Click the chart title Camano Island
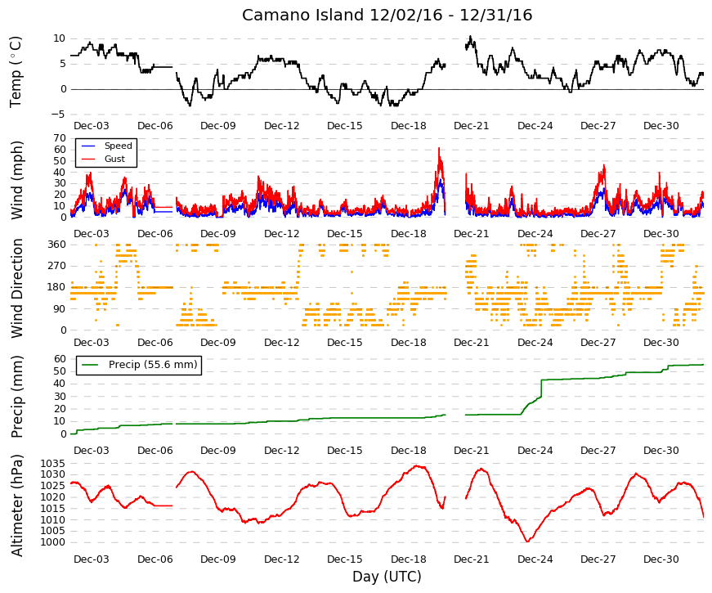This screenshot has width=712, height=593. click(x=303, y=15)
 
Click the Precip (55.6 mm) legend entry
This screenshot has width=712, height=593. click(x=139, y=365)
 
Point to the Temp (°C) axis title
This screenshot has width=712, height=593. click(x=16, y=72)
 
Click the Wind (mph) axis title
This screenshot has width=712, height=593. click(x=16, y=181)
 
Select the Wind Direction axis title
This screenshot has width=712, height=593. click(x=16, y=288)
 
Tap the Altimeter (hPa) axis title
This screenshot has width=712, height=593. click(x=16, y=505)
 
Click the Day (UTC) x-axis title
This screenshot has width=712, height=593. click(x=387, y=576)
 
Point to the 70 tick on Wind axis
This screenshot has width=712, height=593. click(x=60, y=138)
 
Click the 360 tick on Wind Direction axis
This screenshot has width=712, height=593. click(x=56, y=245)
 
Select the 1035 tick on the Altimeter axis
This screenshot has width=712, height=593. click(x=52, y=464)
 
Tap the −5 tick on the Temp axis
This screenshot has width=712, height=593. click(x=58, y=115)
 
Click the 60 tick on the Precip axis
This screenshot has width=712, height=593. click(x=60, y=358)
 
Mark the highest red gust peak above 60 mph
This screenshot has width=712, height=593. click(x=439, y=148)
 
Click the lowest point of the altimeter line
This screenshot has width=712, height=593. click(x=527, y=541)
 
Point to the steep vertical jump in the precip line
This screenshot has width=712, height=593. click(x=542, y=389)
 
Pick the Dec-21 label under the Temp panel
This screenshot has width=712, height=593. click(x=472, y=126)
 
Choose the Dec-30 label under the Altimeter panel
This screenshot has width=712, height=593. click(x=661, y=559)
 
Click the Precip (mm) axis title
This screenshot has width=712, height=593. click(x=16, y=397)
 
